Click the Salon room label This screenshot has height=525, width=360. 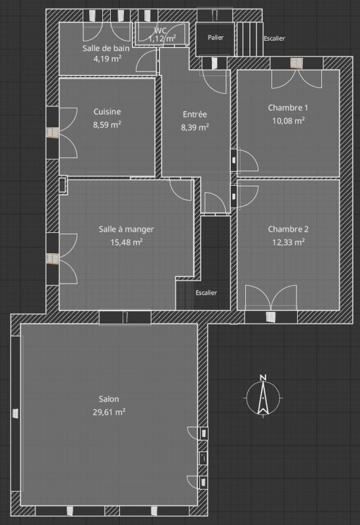(109, 399)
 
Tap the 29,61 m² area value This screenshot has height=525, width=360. (109, 412)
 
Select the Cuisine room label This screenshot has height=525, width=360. (107, 112)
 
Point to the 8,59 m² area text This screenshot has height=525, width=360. (107, 125)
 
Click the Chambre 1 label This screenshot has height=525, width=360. (288, 108)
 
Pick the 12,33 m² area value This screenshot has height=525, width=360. (289, 241)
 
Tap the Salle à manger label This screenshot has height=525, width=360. (126, 229)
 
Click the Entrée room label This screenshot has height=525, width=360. (195, 114)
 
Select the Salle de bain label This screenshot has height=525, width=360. (106, 48)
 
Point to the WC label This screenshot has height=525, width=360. (160, 31)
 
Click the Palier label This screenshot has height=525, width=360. (216, 37)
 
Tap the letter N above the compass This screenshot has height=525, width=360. (263, 378)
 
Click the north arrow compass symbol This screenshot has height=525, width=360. (264, 398)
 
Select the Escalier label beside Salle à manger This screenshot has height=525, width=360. (206, 293)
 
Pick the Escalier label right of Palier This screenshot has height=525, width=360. (274, 38)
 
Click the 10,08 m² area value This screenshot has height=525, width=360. (289, 121)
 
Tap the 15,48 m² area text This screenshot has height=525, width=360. (127, 242)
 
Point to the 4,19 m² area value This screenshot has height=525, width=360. (107, 59)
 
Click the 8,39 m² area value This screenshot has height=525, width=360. (195, 127)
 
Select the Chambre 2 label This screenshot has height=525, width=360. (288, 229)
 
